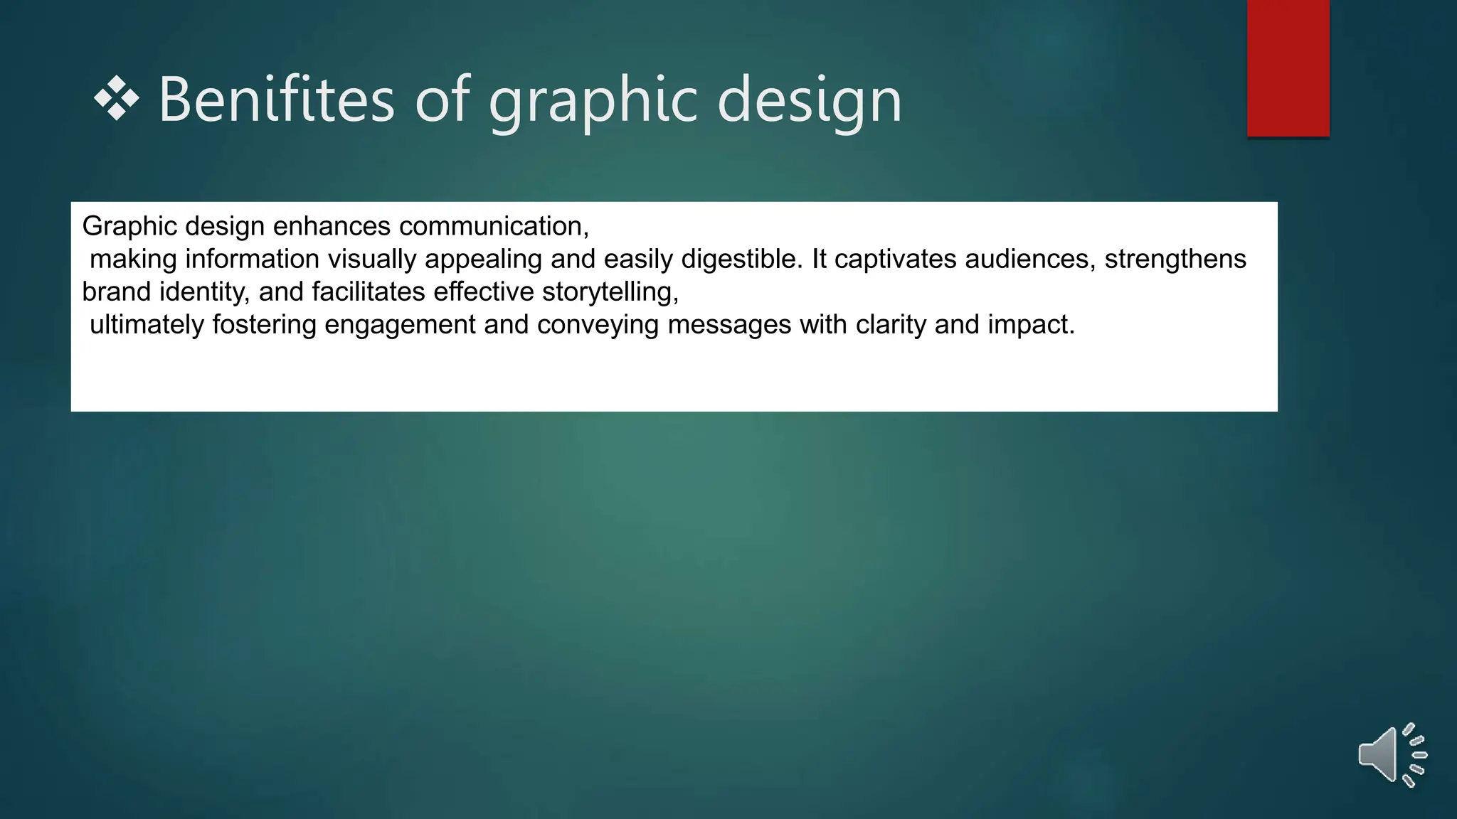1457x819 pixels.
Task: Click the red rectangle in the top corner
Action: point(1288,68)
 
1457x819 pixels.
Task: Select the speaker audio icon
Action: point(1392,755)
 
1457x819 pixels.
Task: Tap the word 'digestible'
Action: point(737,259)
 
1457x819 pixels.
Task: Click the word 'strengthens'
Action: point(1175,259)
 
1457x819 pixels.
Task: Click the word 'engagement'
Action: point(400,325)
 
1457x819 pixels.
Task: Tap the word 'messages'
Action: point(729,325)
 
